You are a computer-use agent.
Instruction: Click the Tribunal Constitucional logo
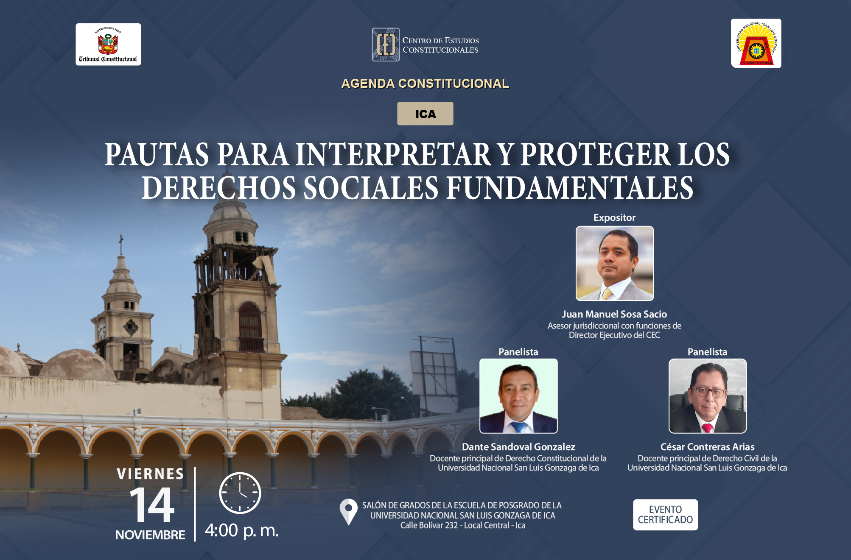click(x=108, y=45)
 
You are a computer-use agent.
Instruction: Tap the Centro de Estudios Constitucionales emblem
click(x=386, y=45)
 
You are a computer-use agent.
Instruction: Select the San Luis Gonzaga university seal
click(x=756, y=43)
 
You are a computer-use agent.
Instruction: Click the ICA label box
click(x=425, y=114)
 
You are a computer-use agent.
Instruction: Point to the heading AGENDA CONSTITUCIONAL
click(x=425, y=84)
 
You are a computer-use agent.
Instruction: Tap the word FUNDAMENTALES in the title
click(x=570, y=188)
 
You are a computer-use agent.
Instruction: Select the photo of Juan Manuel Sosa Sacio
click(x=614, y=263)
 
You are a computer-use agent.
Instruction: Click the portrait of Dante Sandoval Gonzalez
click(x=518, y=396)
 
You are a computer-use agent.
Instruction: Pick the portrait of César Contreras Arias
click(x=708, y=396)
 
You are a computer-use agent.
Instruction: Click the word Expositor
click(x=614, y=217)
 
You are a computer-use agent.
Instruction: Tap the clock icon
click(x=240, y=493)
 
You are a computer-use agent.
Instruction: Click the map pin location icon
click(x=349, y=512)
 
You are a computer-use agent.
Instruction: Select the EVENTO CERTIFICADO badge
click(x=665, y=515)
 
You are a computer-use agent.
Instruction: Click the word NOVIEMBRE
click(x=150, y=535)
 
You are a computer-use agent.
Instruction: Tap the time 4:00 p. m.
click(x=242, y=530)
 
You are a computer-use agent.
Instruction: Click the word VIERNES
click(x=151, y=474)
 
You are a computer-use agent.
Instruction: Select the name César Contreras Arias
click(x=707, y=447)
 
